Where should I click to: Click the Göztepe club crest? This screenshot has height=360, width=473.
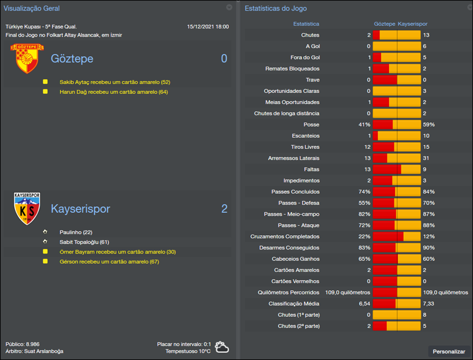(x=24, y=59)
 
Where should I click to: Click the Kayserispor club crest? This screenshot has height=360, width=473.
(x=27, y=209)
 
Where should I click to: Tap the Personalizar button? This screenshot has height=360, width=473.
(x=449, y=351)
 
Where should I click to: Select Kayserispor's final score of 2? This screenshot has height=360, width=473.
(x=224, y=209)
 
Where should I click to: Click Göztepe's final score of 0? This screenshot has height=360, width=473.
(x=224, y=59)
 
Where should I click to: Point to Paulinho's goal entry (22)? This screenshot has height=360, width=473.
(x=76, y=232)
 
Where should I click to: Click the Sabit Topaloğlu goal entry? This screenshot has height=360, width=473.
(x=85, y=242)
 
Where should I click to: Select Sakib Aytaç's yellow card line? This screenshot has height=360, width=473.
(x=115, y=82)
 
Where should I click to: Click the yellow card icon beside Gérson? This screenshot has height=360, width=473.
(x=45, y=262)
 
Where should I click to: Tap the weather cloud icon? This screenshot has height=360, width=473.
(x=222, y=347)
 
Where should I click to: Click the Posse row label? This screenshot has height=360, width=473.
(x=311, y=125)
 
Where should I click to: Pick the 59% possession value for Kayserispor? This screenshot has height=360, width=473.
(x=429, y=125)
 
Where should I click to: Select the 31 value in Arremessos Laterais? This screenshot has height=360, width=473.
(x=426, y=158)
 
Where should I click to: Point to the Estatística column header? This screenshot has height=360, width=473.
(x=306, y=24)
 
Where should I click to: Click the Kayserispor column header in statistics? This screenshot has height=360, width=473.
(x=413, y=24)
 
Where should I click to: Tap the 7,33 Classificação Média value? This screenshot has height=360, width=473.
(x=429, y=303)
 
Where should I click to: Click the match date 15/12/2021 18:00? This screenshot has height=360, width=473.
(x=208, y=27)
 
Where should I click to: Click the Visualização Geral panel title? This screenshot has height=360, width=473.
(x=31, y=8)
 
